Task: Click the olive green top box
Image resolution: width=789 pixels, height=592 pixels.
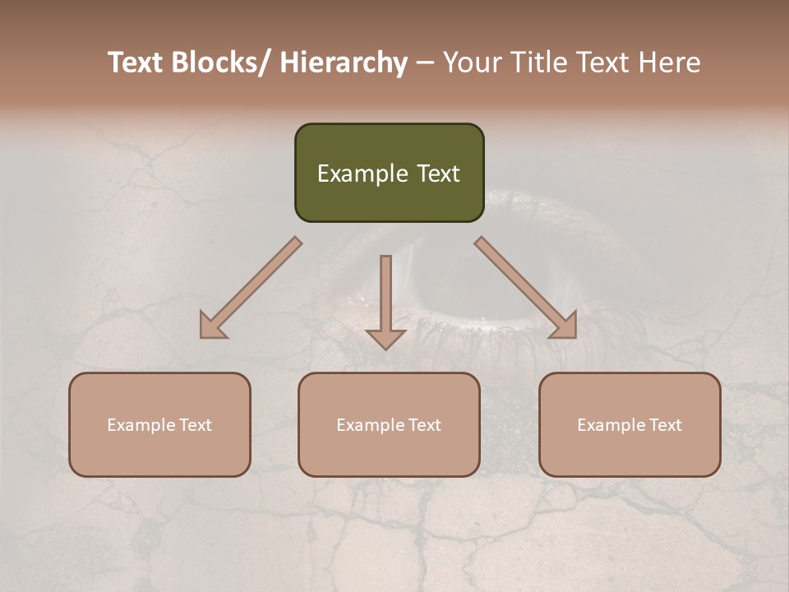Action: tap(389, 173)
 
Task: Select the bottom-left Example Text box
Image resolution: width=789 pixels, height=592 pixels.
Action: tap(159, 424)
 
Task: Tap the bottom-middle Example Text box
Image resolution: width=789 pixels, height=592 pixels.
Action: tap(389, 424)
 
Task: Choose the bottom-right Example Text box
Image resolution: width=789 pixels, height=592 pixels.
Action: tap(630, 424)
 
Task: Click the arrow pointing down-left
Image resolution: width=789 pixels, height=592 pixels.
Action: tap(251, 288)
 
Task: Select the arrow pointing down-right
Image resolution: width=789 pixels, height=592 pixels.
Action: tap(526, 288)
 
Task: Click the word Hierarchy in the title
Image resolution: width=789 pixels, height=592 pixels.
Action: tap(343, 62)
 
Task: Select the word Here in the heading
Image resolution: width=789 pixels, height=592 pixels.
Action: tap(667, 62)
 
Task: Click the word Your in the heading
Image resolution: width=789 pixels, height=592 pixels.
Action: tap(471, 62)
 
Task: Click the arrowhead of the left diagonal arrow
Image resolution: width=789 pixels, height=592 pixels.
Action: tap(212, 326)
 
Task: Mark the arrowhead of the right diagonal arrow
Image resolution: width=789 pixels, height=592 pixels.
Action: tap(564, 326)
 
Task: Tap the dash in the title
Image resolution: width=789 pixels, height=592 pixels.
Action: tap(425, 62)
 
